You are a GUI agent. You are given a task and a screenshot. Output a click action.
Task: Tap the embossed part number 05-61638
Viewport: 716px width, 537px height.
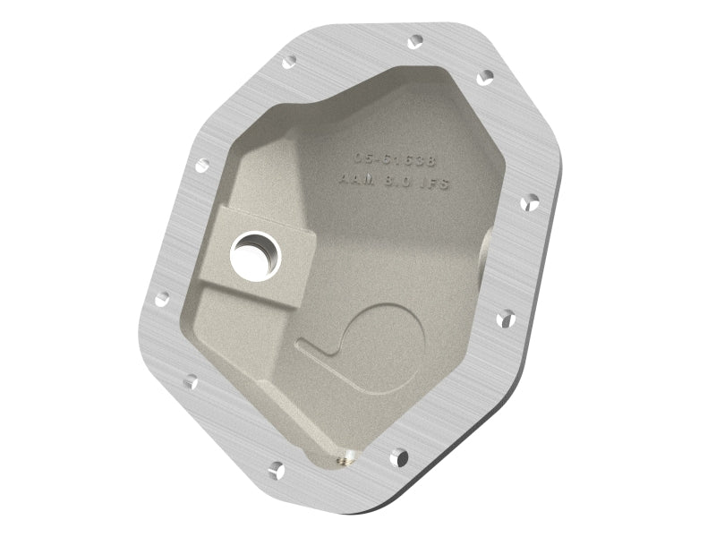pos(394,158)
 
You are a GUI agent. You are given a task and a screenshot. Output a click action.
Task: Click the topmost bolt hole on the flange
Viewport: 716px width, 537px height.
pos(414,41)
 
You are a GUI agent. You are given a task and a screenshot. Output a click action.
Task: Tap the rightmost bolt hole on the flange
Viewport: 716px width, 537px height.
pos(529,203)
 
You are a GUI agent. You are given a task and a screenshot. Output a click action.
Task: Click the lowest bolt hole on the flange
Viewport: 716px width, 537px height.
pos(276,469)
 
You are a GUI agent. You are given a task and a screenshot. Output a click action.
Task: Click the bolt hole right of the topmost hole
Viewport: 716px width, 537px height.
pos(486,78)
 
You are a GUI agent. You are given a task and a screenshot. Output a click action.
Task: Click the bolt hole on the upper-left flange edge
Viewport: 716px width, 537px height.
pos(201,166)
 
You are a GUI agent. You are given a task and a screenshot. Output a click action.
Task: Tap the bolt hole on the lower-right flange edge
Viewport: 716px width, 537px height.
pos(505,317)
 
